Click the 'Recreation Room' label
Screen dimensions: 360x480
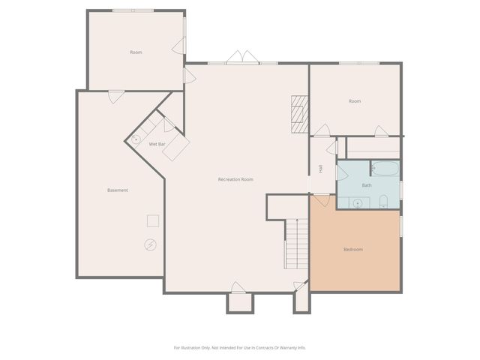tap(235, 179)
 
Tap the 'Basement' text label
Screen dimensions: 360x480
tap(118, 190)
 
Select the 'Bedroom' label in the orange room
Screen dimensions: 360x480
tap(353, 249)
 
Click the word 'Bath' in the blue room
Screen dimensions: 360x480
tap(367, 185)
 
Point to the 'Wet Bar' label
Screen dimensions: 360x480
tap(157, 144)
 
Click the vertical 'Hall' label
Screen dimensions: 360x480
tap(321, 169)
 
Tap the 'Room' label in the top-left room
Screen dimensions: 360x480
tap(136, 52)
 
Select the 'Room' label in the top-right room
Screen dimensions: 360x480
tap(355, 101)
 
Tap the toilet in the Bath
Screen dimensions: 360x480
tap(383, 201)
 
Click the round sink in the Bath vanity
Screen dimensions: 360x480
tap(358, 202)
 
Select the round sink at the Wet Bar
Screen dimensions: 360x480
tap(136, 139)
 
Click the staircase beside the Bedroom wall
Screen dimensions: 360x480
tap(298, 244)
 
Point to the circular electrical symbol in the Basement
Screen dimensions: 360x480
tap(150, 244)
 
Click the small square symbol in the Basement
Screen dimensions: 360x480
tap(152, 220)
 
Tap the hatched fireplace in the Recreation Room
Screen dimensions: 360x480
tap(300, 114)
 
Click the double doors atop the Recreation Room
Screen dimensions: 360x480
tap(243, 58)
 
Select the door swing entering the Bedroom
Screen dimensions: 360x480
tap(322, 200)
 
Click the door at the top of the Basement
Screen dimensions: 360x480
tap(116, 96)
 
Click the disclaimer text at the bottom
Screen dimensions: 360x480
tap(240, 347)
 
